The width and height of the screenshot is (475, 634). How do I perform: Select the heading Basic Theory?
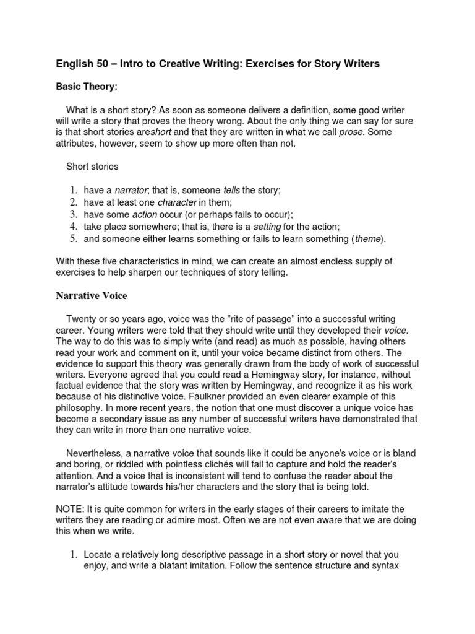pyautogui.click(x=86, y=87)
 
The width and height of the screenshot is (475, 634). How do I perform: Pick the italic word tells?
pyautogui.click(x=231, y=190)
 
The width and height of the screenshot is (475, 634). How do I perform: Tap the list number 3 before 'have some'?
pyautogui.click(x=72, y=214)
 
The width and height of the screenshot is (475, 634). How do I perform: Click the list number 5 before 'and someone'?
pyautogui.click(x=72, y=238)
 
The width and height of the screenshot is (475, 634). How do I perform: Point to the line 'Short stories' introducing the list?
pyautogui.click(x=92, y=167)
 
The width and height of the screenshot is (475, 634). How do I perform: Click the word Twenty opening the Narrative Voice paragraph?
pyautogui.click(x=82, y=318)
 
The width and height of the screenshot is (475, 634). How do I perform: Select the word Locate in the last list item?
pyautogui.click(x=100, y=554)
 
